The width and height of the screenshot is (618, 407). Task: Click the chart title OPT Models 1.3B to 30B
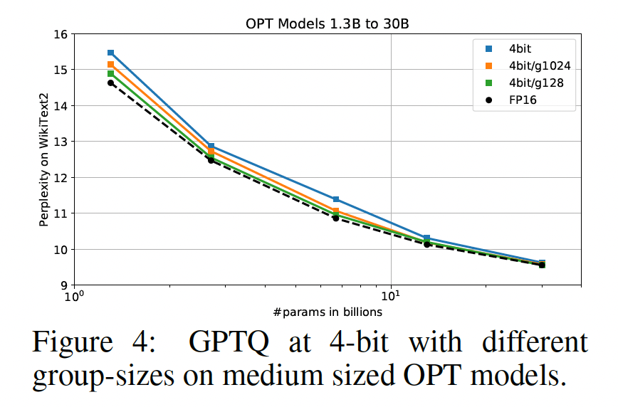326,23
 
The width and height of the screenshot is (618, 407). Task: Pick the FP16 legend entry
522,100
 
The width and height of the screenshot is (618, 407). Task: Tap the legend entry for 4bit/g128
532,83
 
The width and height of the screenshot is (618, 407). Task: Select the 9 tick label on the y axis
61,285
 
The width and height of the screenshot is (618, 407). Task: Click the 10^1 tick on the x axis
390,297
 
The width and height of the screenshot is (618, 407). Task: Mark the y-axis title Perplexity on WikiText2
44,160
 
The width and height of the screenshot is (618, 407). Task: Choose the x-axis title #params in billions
326,312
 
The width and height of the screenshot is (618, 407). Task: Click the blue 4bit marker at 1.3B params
110,53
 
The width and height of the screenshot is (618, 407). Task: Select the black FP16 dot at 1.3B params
110,83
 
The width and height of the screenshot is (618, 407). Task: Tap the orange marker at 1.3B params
110,65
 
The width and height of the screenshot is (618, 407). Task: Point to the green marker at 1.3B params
110,74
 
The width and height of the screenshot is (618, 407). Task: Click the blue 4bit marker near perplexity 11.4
335,199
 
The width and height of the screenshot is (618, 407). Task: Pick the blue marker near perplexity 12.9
211,146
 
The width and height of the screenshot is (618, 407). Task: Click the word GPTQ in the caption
229,344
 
